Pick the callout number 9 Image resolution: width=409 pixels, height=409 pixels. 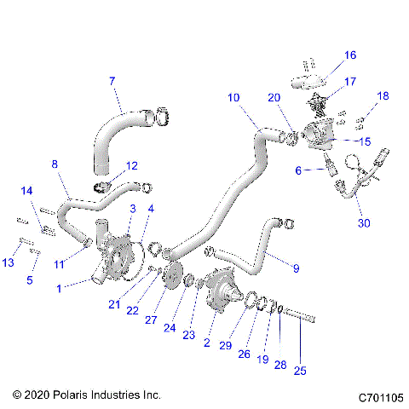[x=296, y=268]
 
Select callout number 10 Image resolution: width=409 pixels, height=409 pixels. [x=233, y=98]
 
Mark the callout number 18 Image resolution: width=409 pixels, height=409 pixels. [x=383, y=96]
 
